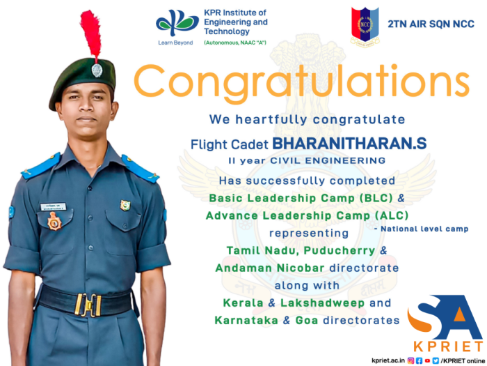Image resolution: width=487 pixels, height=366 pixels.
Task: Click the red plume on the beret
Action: (x=90, y=33)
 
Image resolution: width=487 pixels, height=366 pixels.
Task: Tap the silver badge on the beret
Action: (x=97, y=70)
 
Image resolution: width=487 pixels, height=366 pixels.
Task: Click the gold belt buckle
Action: (x=88, y=305)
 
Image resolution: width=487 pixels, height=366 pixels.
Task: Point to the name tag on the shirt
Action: (x=53, y=206)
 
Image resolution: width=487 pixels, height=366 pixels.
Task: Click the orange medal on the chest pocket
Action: (x=54, y=221)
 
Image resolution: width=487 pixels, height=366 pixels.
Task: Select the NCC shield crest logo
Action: (x=365, y=26)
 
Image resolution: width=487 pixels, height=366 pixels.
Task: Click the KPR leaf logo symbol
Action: (x=177, y=22)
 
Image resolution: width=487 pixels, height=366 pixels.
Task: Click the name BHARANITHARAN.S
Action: (x=349, y=144)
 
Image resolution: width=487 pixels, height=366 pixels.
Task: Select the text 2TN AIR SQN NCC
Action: (x=431, y=24)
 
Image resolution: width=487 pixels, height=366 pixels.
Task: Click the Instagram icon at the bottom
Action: (x=410, y=360)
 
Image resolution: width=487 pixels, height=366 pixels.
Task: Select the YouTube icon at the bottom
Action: (x=427, y=360)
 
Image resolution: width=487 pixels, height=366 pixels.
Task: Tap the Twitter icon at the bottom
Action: (x=436, y=360)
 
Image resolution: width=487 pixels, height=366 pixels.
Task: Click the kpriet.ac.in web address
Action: (x=388, y=360)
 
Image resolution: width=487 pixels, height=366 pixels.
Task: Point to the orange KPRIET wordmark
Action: (x=448, y=346)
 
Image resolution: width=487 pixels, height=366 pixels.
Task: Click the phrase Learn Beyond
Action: (x=175, y=43)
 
